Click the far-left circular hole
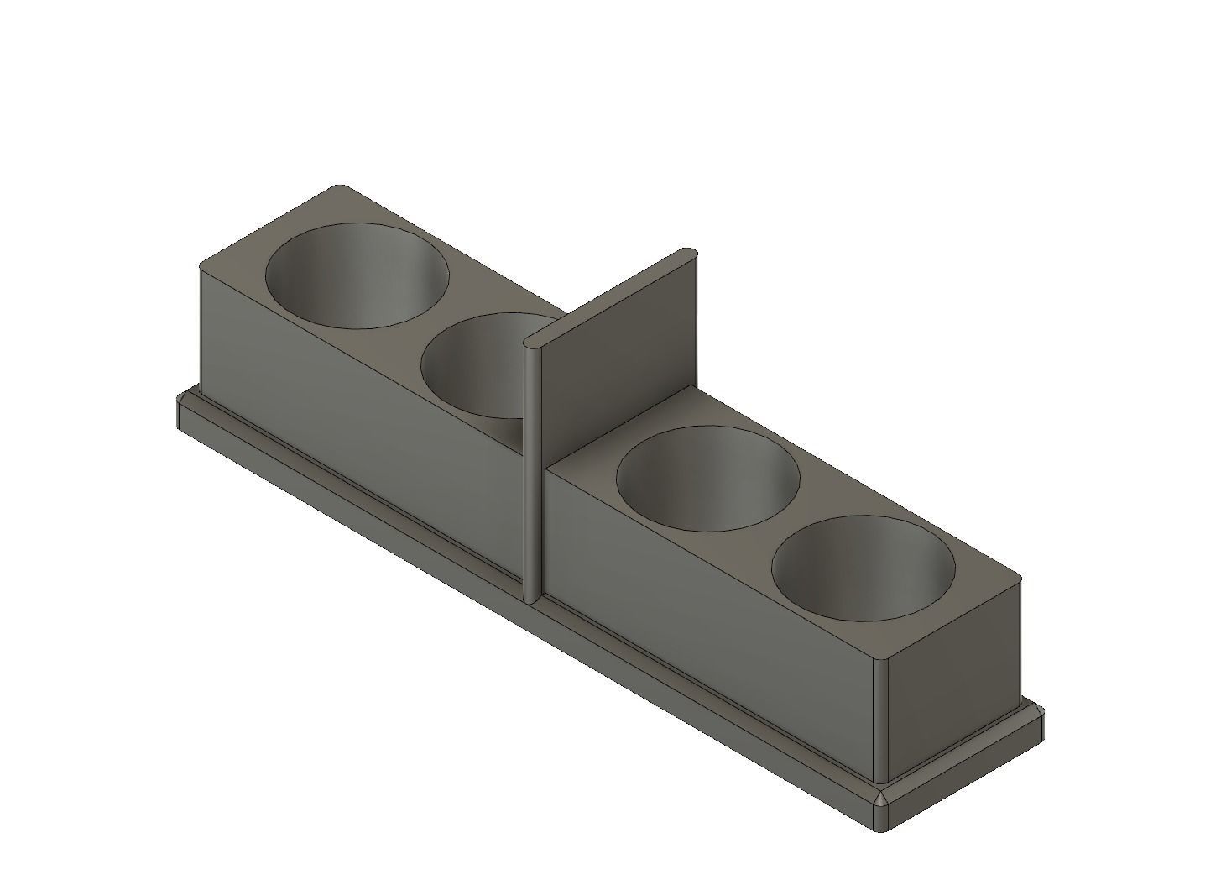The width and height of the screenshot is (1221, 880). pyautogui.click(x=357, y=274)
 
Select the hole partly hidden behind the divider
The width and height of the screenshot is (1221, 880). pyautogui.click(x=474, y=365)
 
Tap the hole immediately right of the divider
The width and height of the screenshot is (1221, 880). pyautogui.click(x=707, y=478)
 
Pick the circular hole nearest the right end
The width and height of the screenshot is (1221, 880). pyautogui.click(x=863, y=568)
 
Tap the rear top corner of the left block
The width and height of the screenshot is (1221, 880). pyautogui.click(x=339, y=186)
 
